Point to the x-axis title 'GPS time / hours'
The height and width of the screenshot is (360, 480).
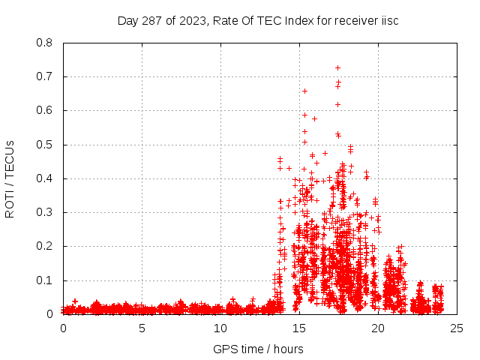(258, 349)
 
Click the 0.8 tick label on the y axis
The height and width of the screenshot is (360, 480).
(45, 43)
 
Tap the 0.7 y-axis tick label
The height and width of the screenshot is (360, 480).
(45, 76)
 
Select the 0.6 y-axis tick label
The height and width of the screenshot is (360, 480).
(45, 110)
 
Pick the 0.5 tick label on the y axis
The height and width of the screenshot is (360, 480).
(45, 145)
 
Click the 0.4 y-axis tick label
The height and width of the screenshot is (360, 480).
(45, 178)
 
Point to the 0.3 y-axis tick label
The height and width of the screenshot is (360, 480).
(45, 212)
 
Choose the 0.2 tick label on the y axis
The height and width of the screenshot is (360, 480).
(45, 247)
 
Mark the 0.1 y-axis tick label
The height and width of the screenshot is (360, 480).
(45, 280)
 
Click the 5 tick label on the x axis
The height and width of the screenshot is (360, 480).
(142, 328)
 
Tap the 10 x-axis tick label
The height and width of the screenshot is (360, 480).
(220, 328)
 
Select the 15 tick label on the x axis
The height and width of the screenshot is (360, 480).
(299, 328)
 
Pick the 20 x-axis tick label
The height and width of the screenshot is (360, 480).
(378, 328)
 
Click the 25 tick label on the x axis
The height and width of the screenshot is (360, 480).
(457, 328)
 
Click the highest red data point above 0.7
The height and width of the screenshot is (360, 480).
(337, 68)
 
